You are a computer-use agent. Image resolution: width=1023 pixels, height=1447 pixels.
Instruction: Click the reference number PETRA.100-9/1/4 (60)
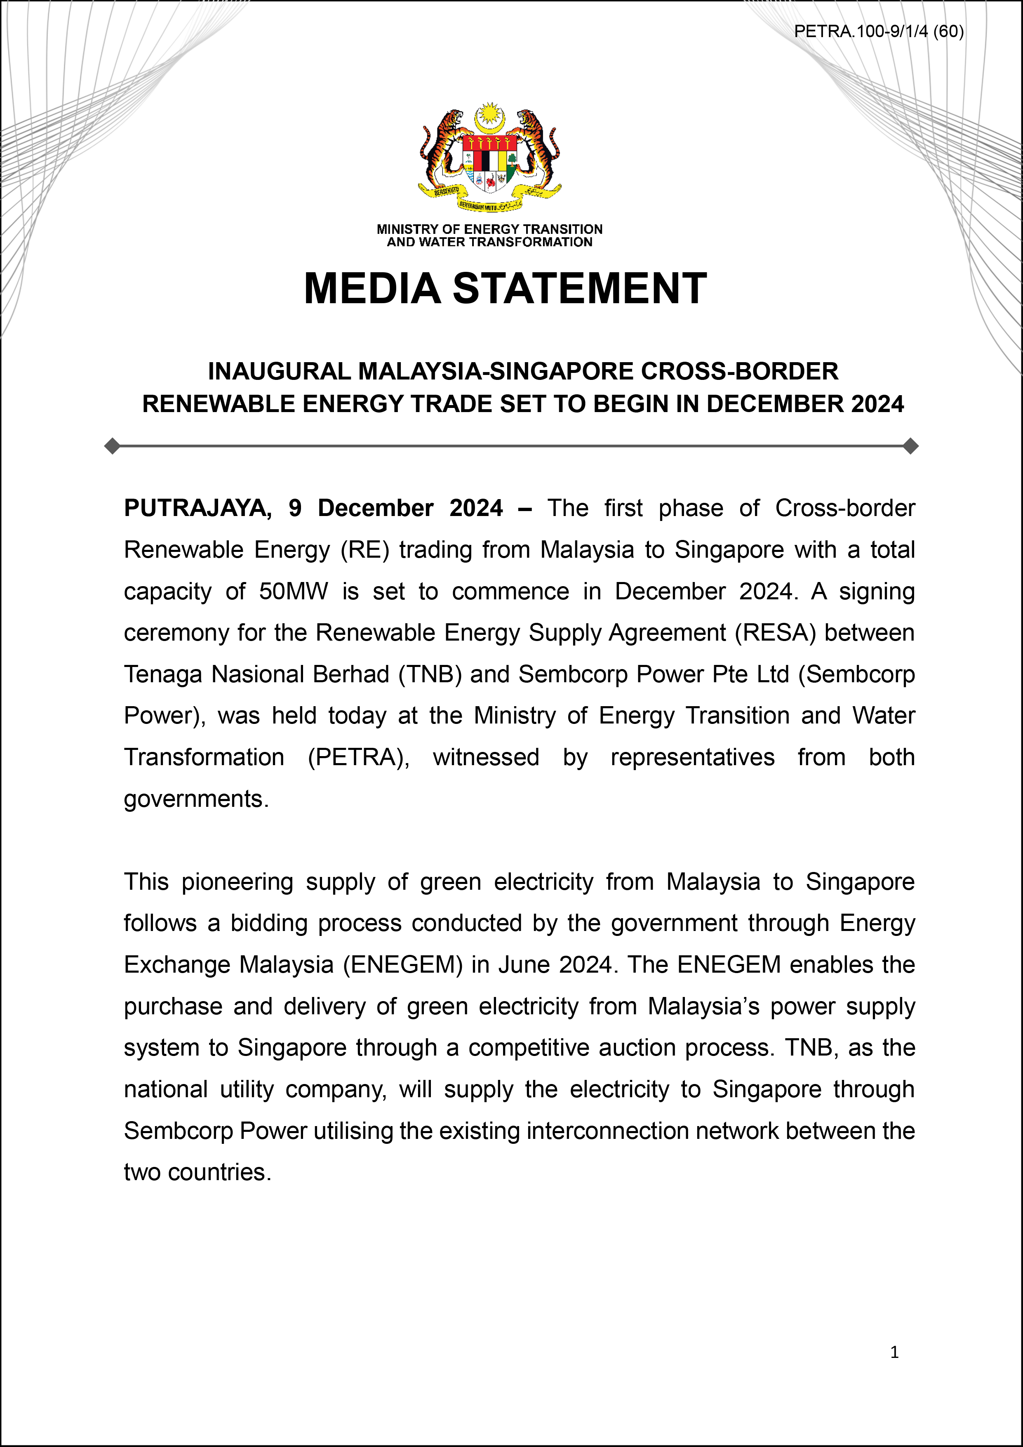pos(878,31)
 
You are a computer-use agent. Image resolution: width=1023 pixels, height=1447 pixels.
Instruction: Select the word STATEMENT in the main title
pos(579,289)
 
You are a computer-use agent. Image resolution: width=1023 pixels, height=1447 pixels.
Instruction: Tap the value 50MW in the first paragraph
pos(294,591)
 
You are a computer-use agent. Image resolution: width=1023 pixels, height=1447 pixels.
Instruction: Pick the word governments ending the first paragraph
pos(195,799)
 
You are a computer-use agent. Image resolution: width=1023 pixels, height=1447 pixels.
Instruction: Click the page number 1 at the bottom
pos(894,1352)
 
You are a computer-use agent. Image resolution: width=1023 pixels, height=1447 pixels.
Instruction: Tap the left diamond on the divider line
pos(112,446)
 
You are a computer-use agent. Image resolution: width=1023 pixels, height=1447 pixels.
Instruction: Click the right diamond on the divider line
pos(910,446)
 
